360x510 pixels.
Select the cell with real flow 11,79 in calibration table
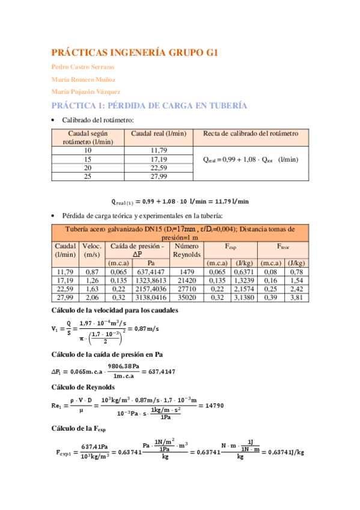pyautogui.click(x=159, y=150)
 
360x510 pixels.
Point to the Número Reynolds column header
pyautogui.click(x=185, y=250)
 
